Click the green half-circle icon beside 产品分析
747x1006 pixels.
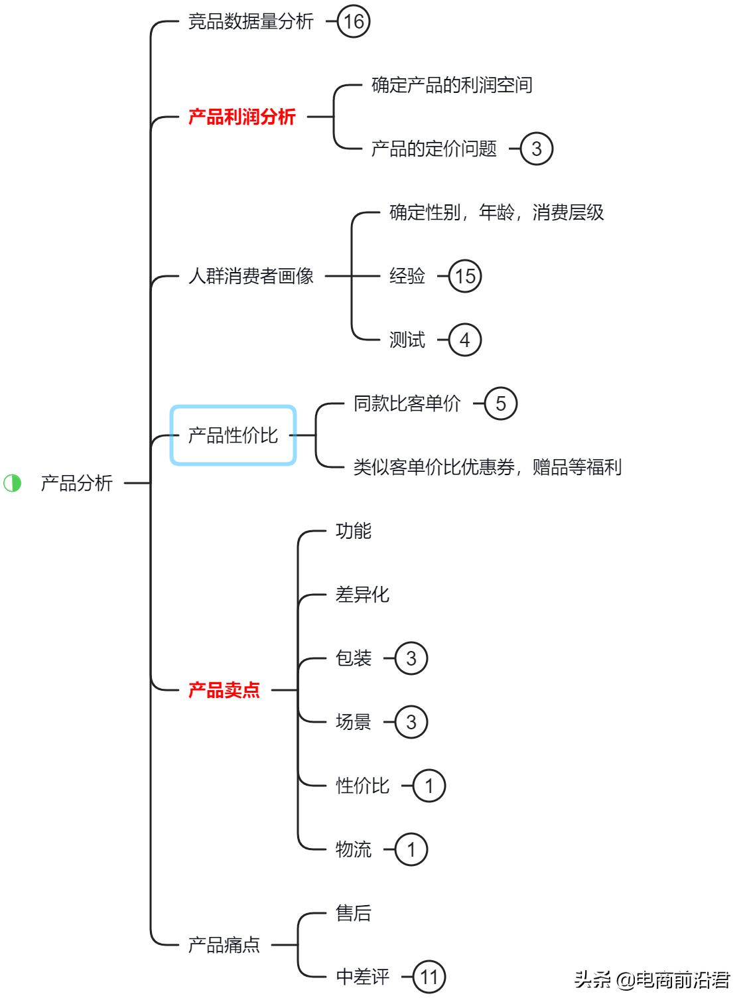coord(13,483)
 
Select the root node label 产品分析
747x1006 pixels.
coord(77,483)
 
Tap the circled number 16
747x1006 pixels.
coord(354,22)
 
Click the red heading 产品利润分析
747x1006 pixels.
coord(242,117)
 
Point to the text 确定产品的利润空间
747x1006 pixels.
coord(452,85)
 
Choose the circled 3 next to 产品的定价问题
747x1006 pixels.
coord(536,149)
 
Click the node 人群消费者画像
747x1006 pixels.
coord(251,276)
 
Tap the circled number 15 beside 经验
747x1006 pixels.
coord(465,276)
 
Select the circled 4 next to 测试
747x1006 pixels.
coord(464,340)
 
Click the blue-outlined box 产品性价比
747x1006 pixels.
coord(233,435)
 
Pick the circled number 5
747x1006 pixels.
coord(500,403)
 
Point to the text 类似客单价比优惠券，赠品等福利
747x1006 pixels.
coord(488,467)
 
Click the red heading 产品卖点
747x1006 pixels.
coord(224,690)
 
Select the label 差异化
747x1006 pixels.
coord(362,595)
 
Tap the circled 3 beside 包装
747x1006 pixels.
coord(411,658)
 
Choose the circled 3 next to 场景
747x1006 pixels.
coord(411,722)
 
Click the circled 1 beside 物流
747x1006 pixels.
coord(411,849)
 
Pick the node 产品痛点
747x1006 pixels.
coord(224,945)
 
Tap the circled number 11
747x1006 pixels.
coord(429,977)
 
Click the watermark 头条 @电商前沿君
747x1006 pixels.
coord(652,980)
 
